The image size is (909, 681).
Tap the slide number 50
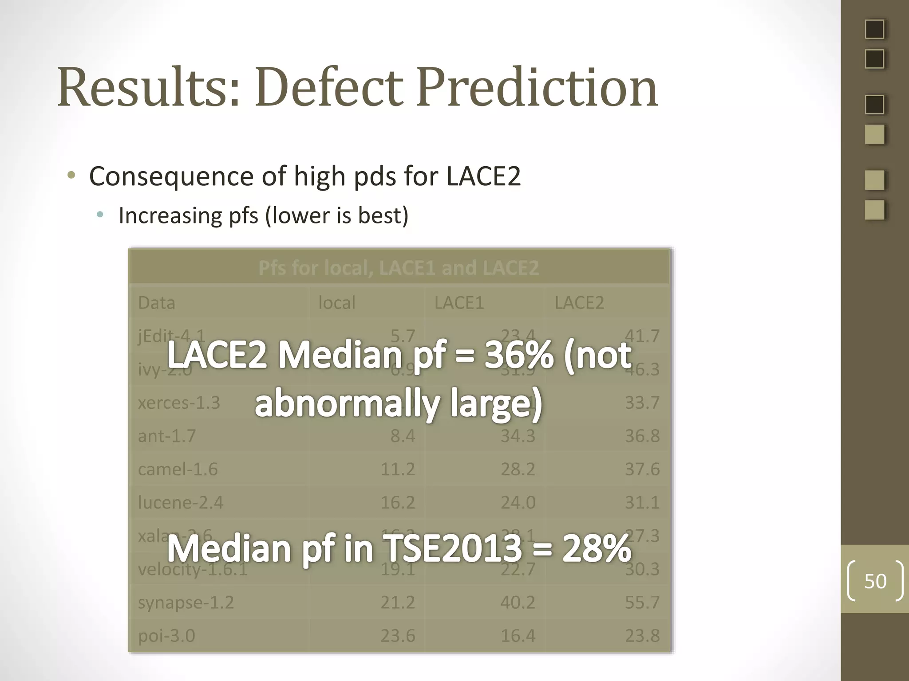pyautogui.click(x=875, y=581)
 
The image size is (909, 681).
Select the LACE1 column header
pyautogui.click(x=459, y=303)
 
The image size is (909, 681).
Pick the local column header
pyautogui.click(x=337, y=303)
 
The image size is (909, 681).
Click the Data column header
pyautogui.click(x=157, y=303)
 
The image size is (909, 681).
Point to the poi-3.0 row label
pyautogui.click(x=166, y=636)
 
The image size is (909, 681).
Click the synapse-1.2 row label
pyautogui.click(x=186, y=603)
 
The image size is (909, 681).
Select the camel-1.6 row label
pyautogui.click(x=178, y=469)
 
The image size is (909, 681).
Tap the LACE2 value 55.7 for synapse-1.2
pyautogui.click(x=642, y=603)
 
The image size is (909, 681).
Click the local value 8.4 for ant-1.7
pyautogui.click(x=402, y=436)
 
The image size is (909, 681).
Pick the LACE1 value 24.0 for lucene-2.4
pyautogui.click(x=518, y=502)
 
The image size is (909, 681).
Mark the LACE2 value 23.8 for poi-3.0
pyautogui.click(x=642, y=636)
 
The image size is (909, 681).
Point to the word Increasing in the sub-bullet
pyautogui.click(x=170, y=216)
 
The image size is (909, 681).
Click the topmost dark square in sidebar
pyautogui.click(x=874, y=29)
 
